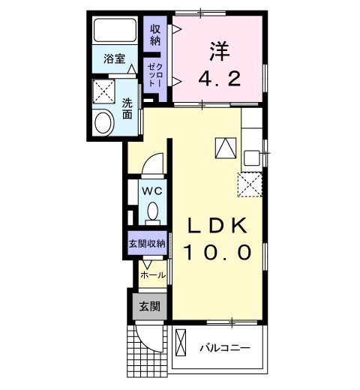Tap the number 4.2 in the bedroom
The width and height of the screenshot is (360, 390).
click(218, 77)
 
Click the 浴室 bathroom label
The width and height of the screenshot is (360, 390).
click(115, 57)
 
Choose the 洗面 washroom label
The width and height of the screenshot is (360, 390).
click(127, 109)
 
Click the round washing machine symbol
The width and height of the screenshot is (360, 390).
click(104, 121)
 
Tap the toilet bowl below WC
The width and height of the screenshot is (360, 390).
click(153, 211)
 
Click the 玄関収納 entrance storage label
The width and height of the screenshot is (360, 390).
click(147, 243)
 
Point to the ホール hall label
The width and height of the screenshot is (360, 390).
click(154, 275)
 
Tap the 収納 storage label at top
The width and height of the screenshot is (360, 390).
click(155, 34)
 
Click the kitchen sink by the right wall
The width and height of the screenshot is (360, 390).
click(251, 157)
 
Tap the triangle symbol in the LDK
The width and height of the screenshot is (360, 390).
click(224, 148)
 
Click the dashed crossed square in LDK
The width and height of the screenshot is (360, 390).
click(248, 183)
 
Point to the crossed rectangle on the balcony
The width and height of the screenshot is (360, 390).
click(180, 347)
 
